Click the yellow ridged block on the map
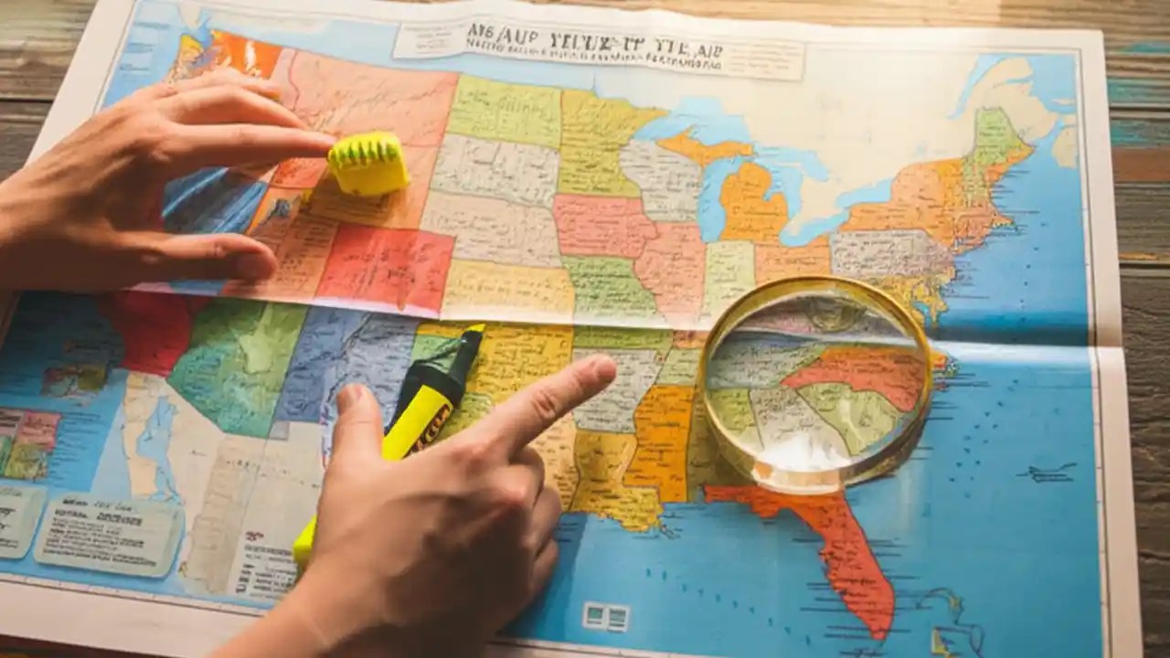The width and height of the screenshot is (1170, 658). click(368, 164)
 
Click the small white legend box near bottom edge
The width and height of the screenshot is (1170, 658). click(606, 616)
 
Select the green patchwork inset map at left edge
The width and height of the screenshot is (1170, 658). click(27, 444)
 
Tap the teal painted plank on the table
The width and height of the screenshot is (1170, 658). click(1138, 128)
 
